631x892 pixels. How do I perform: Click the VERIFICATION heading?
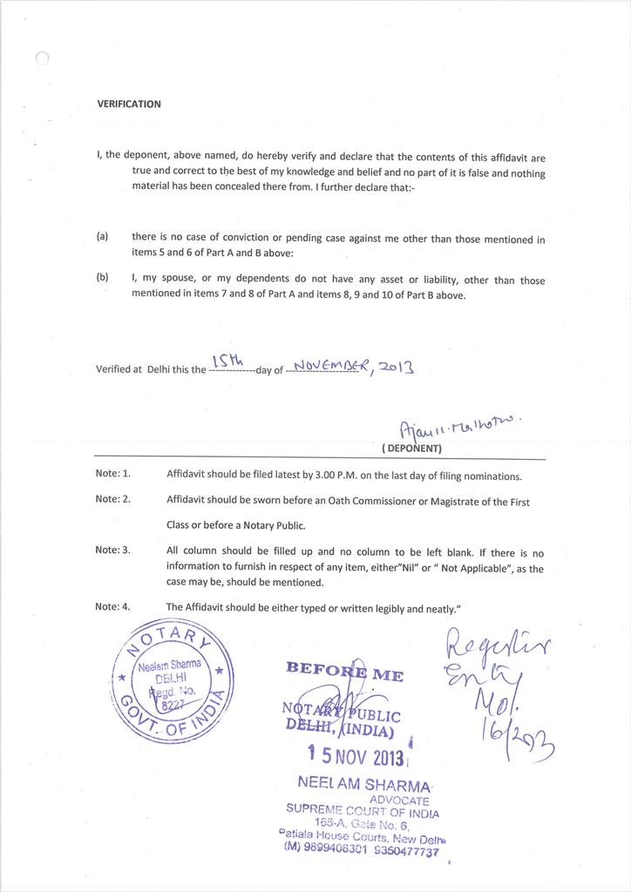pyautogui.click(x=129, y=104)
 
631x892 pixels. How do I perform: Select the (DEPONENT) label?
pyautogui.click(x=411, y=449)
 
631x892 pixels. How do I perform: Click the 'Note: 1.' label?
pyautogui.click(x=112, y=474)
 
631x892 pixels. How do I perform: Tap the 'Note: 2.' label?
pyautogui.click(x=112, y=499)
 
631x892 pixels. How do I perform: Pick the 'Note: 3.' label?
pyautogui.click(x=112, y=551)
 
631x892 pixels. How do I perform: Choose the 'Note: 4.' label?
pyautogui.click(x=112, y=606)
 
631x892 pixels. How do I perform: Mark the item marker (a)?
pyautogui.click(x=102, y=236)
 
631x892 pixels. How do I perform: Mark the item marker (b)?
pyautogui.click(x=102, y=279)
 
